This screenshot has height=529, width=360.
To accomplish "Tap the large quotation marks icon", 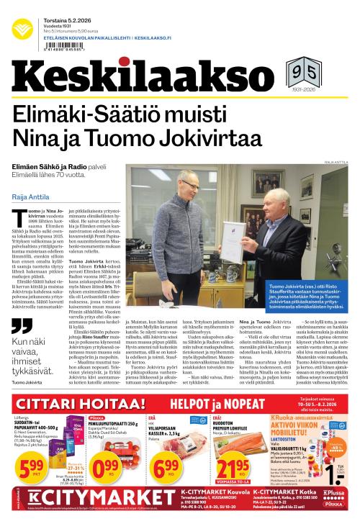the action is [22, 326].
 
